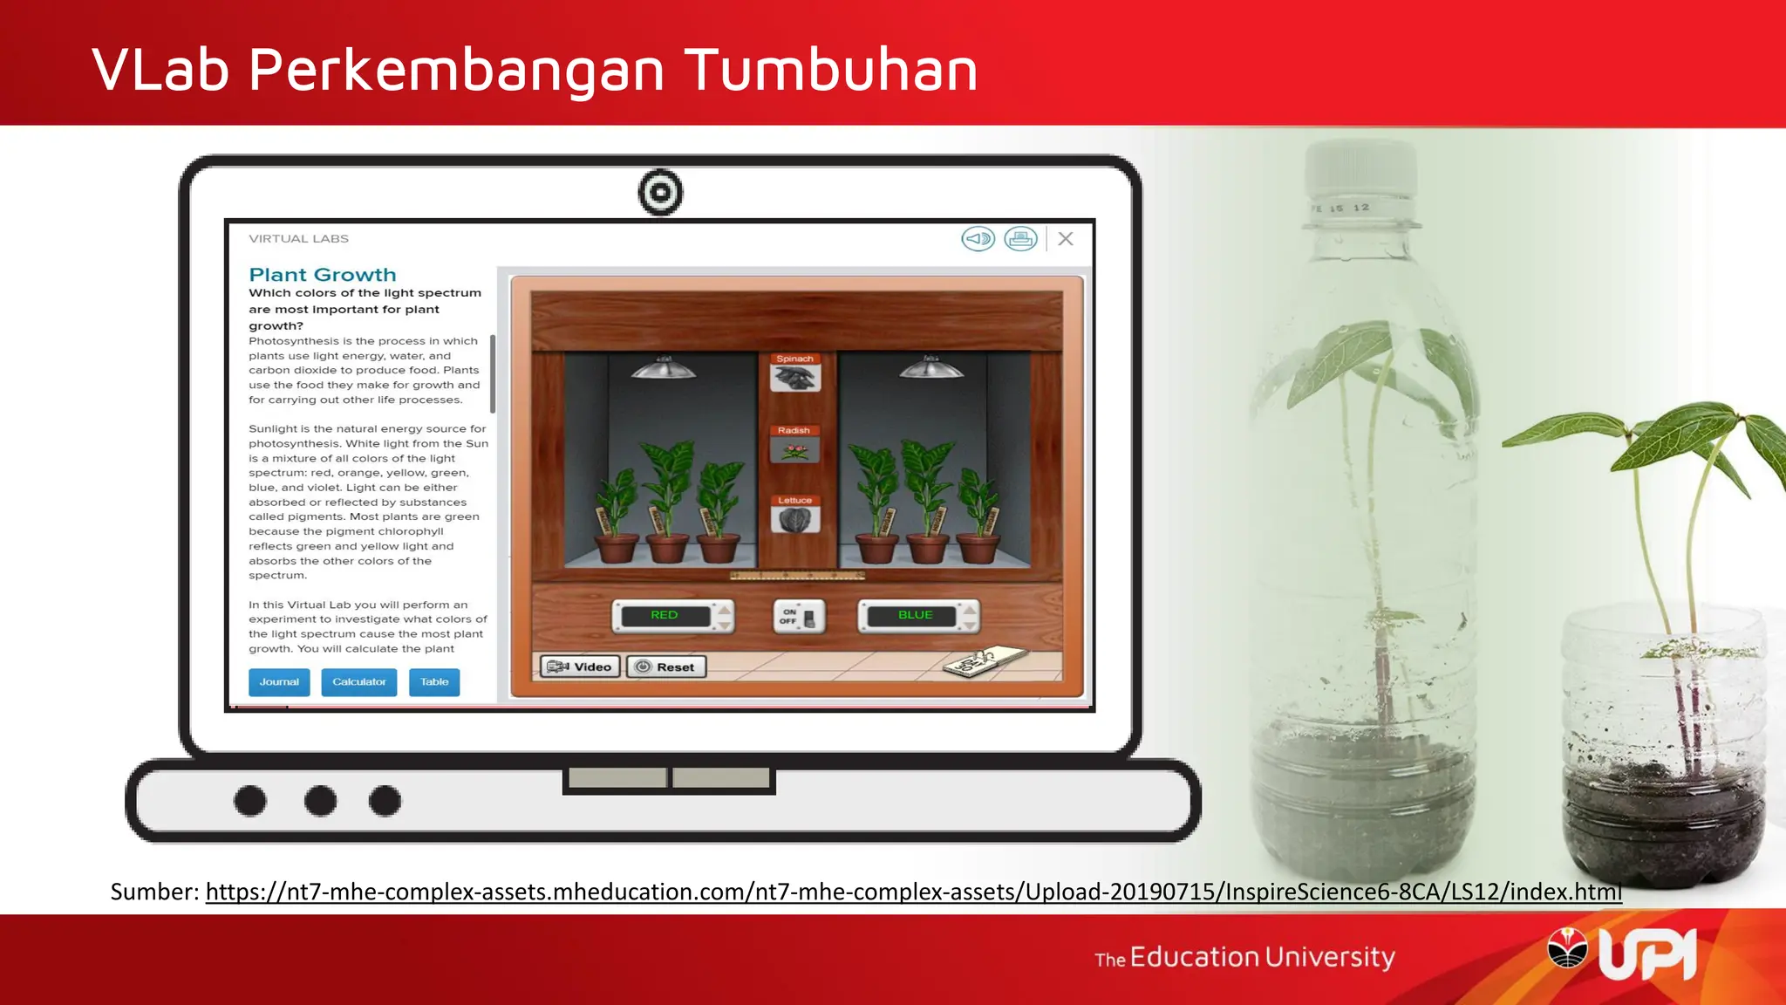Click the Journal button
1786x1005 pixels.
279,681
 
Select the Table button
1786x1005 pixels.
434,681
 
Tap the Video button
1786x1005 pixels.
580,667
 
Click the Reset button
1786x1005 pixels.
666,667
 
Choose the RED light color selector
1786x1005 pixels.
665,615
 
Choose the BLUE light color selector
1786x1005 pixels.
916,615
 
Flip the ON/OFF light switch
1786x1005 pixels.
799,617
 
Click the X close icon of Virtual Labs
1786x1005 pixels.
1066,239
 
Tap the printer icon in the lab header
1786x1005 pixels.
1020,239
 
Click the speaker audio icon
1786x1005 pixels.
978,239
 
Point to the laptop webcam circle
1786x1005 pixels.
660,192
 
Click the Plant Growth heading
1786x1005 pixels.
323,275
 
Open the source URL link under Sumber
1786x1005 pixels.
913,892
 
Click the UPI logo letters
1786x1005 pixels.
1647,955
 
